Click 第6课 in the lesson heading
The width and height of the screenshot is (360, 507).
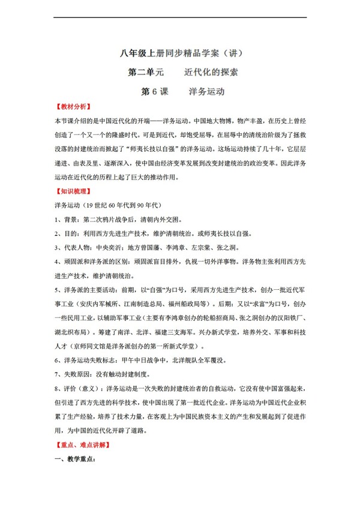point(154,92)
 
